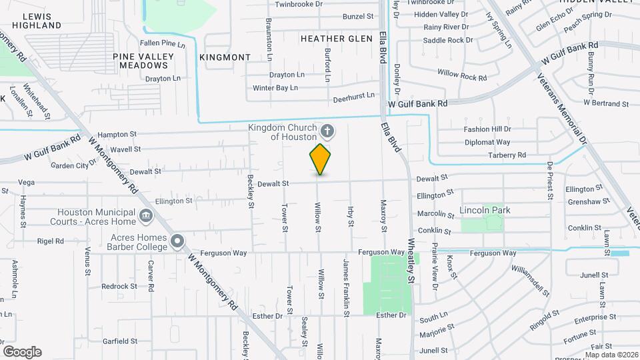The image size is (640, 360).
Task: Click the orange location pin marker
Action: (x=321, y=159)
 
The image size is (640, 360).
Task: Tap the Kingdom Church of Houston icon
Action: (x=327, y=130)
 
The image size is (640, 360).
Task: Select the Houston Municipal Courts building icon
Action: (x=145, y=216)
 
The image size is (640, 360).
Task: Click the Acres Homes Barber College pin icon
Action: (x=177, y=241)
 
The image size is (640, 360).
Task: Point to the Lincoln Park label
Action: (x=485, y=210)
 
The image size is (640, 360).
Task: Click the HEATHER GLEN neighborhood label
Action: (x=336, y=39)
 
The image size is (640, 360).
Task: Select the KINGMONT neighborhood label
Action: (x=225, y=57)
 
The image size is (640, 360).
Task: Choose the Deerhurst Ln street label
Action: (x=353, y=97)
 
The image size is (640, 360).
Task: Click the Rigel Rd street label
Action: (x=50, y=241)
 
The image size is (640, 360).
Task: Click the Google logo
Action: (x=22, y=352)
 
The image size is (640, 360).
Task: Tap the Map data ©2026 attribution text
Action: (x=610, y=355)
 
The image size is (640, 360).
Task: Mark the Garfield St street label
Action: (x=120, y=341)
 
